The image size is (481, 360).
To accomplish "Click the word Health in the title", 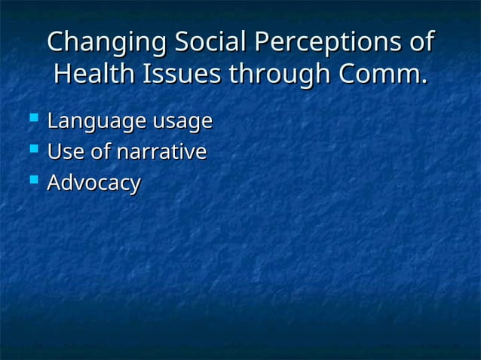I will pyautogui.click(x=90, y=75).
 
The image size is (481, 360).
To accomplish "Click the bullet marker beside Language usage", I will pyautogui.click(x=32, y=118).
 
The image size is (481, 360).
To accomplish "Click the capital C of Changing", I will pyautogui.click(x=57, y=43).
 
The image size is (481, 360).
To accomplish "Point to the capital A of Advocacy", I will pyautogui.click(x=54, y=182).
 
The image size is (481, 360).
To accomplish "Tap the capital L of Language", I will pyautogui.click(x=52, y=121).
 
